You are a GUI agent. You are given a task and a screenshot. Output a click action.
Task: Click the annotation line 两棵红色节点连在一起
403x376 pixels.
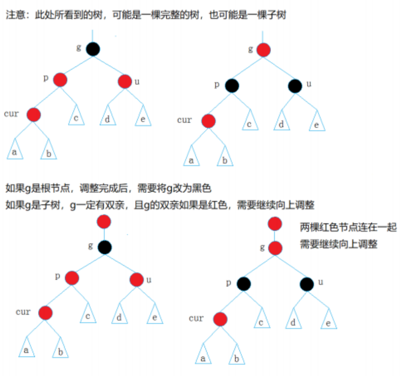348,228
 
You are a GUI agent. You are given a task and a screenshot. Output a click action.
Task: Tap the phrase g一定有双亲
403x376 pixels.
93,205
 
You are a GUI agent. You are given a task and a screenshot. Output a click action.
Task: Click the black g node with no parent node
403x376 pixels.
93,49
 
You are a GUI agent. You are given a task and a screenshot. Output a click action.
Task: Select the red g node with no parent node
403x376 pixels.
264,50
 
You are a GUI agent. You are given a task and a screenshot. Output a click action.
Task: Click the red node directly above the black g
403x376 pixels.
104,222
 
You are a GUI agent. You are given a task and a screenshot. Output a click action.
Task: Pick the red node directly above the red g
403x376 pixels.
275,224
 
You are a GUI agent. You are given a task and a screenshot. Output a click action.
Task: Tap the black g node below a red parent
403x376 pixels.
105,247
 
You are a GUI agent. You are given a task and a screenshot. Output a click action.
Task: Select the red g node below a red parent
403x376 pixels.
275,248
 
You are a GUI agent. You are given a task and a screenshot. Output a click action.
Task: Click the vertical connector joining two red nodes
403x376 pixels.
275,236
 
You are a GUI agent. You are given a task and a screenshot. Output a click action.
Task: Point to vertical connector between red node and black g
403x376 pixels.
104,234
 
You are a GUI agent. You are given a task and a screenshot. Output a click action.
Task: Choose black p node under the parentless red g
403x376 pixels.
232,86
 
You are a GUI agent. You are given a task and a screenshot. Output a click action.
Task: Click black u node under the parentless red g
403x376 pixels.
295,86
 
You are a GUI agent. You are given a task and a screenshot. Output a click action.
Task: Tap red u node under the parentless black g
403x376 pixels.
125,81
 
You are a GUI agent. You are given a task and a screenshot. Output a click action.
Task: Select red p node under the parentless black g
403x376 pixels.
60,80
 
